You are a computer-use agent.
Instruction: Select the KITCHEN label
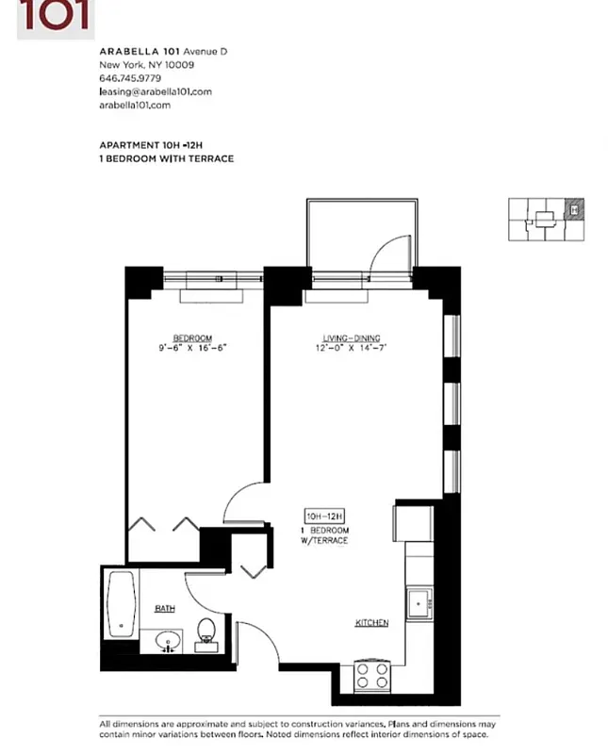click(371, 623)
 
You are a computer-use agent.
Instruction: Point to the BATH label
click(164, 609)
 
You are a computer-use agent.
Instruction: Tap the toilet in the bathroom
click(206, 632)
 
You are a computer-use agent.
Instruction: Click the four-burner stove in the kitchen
click(372, 676)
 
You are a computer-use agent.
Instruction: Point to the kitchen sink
click(418, 601)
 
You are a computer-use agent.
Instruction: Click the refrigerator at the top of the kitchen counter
click(413, 521)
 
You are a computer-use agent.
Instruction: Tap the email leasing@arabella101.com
click(155, 91)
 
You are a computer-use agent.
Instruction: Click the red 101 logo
click(55, 16)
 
